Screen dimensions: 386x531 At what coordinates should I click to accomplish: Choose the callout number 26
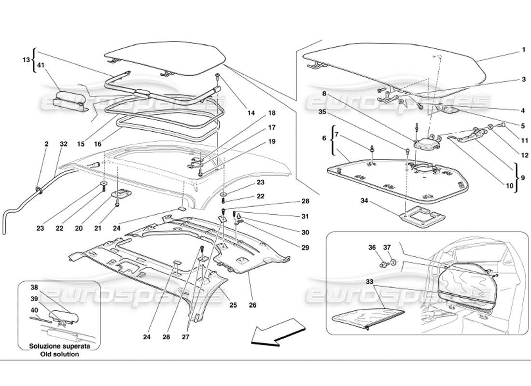point(253,305)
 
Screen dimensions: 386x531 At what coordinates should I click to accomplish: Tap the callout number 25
point(233,305)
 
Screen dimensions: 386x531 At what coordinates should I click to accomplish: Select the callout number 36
point(372,248)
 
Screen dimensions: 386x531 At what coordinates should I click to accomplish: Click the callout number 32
point(64,143)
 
